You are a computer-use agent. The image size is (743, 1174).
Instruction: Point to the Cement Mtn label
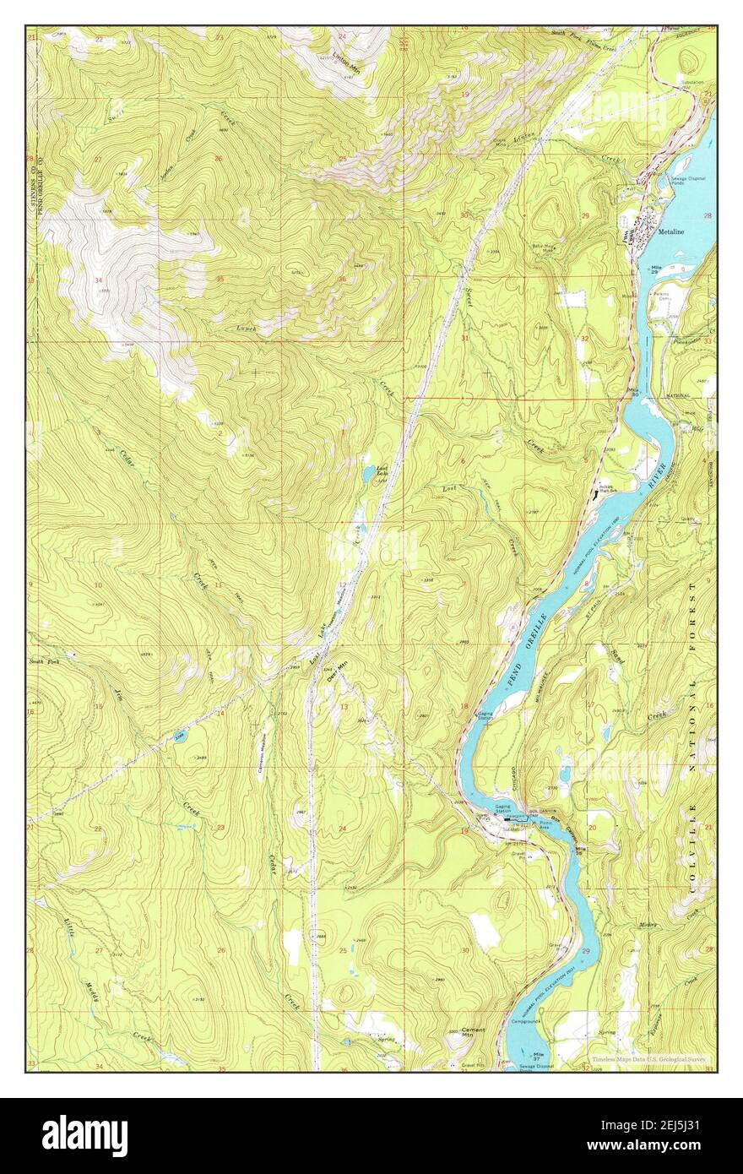pyautogui.click(x=473, y=1033)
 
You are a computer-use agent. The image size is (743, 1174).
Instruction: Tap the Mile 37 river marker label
pyautogui.click(x=538, y=1055)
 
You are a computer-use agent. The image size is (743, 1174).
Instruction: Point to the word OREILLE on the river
pyautogui.click(x=536, y=628)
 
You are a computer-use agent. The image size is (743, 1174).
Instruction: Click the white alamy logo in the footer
pyautogui.click(x=84, y=1136)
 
